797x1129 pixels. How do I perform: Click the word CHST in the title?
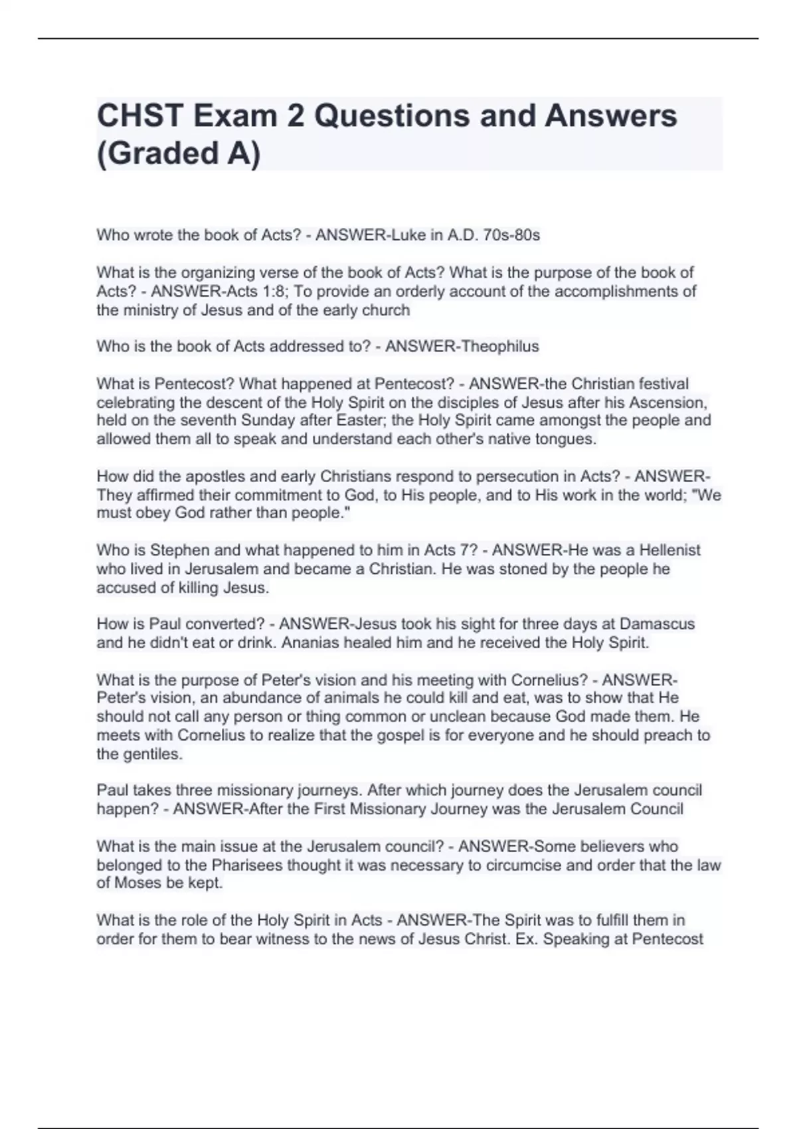click(139, 116)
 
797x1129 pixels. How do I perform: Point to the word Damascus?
click(657, 624)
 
